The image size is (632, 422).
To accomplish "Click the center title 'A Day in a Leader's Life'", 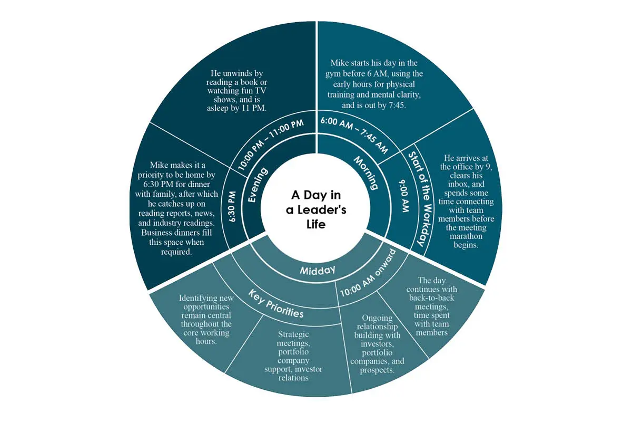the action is click(x=316, y=209).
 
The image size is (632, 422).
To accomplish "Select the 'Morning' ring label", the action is click(x=366, y=173).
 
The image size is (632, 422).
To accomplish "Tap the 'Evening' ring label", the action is click(x=258, y=185).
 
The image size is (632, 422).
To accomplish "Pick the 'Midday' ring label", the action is click(x=318, y=270).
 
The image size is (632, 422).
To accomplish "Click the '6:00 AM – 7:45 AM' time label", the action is click(x=354, y=136).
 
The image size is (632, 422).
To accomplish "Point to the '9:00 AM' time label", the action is click(x=404, y=196).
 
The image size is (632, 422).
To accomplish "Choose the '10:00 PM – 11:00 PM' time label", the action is click(x=271, y=144).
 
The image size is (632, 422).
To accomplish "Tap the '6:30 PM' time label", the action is click(x=232, y=207).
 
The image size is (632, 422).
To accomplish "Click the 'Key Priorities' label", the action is click(x=276, y=304).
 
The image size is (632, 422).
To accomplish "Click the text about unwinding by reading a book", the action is click(x=236, y=91).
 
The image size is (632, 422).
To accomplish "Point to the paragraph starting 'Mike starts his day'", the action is click(x=374, y=84).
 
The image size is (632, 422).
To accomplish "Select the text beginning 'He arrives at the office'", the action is click(x=466, y=202).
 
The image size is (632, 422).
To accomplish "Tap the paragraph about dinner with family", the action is click(x=176, y=208).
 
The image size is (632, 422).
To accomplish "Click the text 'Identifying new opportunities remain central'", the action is click(x=206, y=319).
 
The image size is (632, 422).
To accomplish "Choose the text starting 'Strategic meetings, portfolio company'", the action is click(x=293, y=356).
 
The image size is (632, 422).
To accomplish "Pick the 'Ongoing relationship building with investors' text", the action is click(x=377, y=344).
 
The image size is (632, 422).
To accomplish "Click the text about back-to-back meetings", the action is click(x=432, y=306).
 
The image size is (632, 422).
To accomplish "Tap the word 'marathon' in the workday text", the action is click(x=466, y=236).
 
